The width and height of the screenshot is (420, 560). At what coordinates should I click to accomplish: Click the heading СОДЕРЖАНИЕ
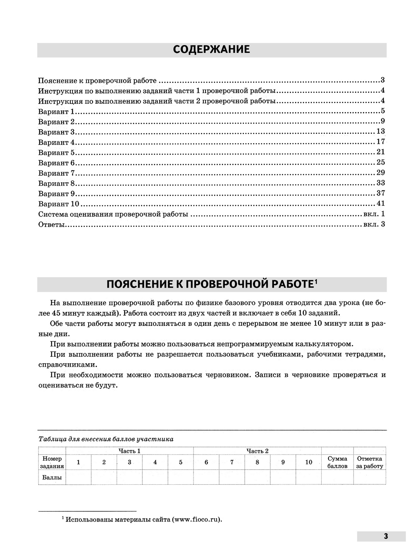click(x=211, y=49)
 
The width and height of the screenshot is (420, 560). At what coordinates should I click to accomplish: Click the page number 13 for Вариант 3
click(x=380, y=132)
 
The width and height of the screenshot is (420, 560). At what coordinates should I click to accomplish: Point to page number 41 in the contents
click(x=380, y=203)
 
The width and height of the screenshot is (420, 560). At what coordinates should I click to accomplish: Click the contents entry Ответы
click(x=52, y=224)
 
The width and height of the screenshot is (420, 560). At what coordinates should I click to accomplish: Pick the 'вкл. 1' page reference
click(x=374, y=214)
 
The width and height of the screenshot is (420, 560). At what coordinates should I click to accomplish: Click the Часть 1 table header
click(x=129, y=451)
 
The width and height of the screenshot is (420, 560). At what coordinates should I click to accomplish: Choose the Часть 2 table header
click(x=257, y=451)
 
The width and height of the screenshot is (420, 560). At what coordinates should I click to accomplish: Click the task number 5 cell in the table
click(x=181, y=462)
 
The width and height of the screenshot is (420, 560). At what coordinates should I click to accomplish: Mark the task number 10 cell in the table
click(x=308, y=462)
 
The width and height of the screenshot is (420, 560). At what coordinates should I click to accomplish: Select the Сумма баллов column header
click(x=337, y=462)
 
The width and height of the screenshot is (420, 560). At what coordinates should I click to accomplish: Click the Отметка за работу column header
click(x=370, y=462)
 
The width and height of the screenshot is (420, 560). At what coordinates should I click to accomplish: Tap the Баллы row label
click(x=52, y=477)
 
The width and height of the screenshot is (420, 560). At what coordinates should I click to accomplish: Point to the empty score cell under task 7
click(x=232, y=477)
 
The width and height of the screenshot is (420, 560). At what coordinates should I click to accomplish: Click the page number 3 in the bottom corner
click(x=385, y=536)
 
